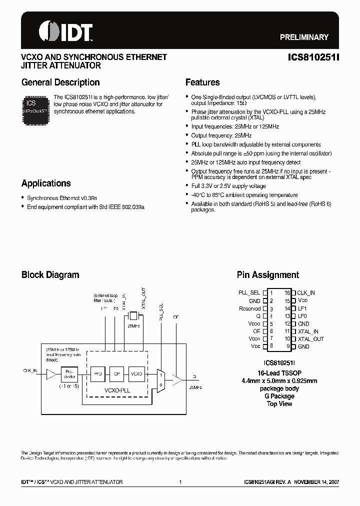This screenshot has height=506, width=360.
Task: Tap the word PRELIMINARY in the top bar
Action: [303, 37]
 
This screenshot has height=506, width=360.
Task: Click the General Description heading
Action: [60, 82]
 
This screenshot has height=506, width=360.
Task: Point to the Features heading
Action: [202, 82]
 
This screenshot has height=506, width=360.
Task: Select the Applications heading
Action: [46, 183]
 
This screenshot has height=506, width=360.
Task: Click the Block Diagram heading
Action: [50, 274]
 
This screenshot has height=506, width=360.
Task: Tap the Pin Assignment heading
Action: [268, 274]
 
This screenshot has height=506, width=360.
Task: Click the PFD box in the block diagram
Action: [97, 373]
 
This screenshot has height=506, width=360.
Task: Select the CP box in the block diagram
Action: [116, 373]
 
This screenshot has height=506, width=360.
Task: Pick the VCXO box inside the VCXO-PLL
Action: [136, 373]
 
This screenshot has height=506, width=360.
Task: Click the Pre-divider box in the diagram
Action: [69, 373]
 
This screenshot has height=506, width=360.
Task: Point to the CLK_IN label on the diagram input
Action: [30, 370]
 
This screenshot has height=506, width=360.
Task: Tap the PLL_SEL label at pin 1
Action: [249, 292]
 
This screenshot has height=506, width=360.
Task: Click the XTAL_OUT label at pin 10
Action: [311, 339]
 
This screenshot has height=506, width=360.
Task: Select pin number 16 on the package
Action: [287, 292]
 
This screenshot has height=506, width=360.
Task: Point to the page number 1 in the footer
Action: [180, 482]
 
